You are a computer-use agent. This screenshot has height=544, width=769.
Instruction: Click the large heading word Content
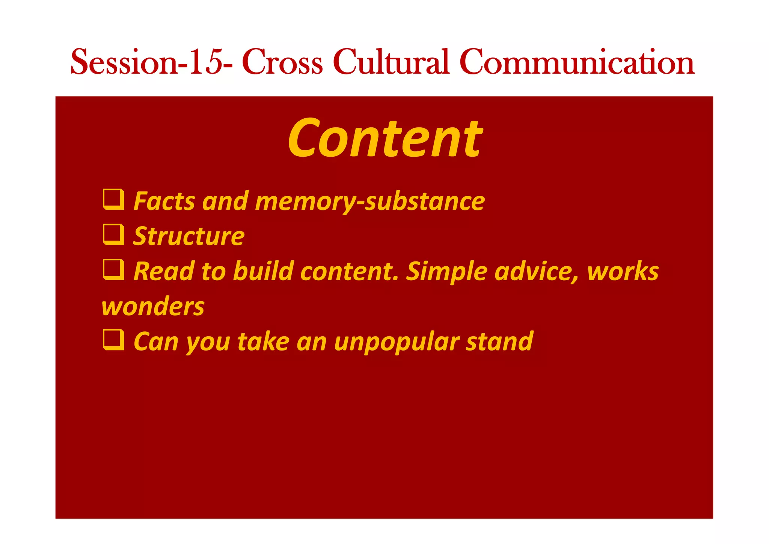click(385, 138)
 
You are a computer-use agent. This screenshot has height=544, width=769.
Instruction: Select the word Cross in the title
click(282, 62)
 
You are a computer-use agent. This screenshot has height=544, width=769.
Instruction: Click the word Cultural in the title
click(391, 62)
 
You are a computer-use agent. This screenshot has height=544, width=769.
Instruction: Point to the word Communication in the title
click(577, 62)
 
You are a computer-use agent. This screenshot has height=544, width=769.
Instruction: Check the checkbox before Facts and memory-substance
click(113, 199)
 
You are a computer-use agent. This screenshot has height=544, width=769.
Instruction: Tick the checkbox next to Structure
click(113, 234)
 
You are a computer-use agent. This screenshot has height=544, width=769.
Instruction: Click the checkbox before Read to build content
click(113, 269)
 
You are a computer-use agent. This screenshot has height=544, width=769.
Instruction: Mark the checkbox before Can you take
click(113, 340)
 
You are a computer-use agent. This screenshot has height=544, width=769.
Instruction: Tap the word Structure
click(189, 236)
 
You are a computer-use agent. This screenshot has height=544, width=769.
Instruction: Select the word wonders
click(153, 307)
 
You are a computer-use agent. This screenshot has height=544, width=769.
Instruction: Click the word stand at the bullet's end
click(499, 342)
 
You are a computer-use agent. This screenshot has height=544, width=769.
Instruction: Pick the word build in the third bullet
click(263, 271)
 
